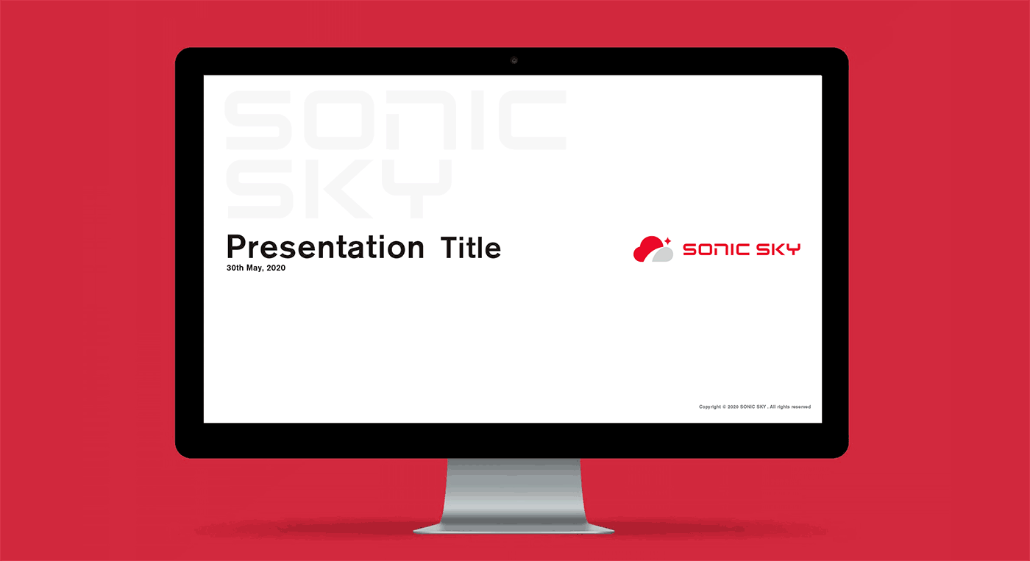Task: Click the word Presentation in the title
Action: (x=325, y=248)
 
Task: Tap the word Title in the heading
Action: (x=470, y=248)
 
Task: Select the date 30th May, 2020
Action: (x=256, y=268)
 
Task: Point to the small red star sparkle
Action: (x=668, y=240)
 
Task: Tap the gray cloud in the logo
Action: (x=663, y=254)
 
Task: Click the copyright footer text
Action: (x=755, y=407)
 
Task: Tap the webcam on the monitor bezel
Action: (x=514, y=60)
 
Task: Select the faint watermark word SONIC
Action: (x=396, y=120)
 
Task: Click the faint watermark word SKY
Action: (x=339, y=189)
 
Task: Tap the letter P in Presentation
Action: (x=237, y=247)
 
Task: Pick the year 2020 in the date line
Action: (x=276, y=268)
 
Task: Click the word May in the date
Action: (x=255, y=268)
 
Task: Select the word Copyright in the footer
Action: (x=710, y=407)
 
